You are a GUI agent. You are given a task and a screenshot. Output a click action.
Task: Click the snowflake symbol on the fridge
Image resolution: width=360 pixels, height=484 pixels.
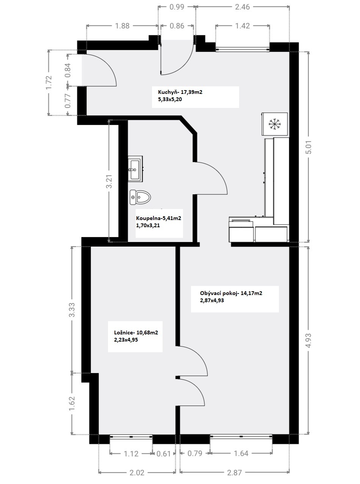click(x=275, y=124)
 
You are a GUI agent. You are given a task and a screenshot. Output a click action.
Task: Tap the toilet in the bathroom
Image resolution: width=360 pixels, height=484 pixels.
click(x=140, y=197)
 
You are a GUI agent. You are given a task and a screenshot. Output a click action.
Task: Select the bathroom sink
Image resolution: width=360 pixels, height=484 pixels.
click(x=135, y=169)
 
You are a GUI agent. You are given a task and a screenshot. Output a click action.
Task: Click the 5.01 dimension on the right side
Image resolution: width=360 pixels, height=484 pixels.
click(x=309, y=147)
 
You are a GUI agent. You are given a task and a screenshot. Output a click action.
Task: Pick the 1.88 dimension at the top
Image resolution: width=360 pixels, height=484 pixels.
click(x=122, y=26)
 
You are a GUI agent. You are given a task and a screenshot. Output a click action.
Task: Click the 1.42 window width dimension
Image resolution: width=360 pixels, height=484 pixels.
click(x=242, y=26)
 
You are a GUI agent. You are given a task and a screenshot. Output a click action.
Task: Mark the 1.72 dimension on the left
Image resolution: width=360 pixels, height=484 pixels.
click(x=49, y=82)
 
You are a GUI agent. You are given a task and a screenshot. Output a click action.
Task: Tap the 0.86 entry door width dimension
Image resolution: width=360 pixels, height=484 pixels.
click(x=177, y=26)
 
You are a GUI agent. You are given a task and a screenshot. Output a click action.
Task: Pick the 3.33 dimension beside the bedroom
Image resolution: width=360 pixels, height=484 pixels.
click(x=72, y=310)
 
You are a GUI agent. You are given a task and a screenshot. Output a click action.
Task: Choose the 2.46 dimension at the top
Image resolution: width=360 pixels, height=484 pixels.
click(x=242, y=7)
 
